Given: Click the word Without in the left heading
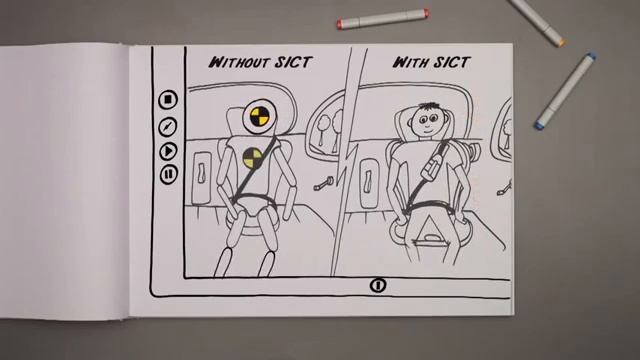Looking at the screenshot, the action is pos(239,62).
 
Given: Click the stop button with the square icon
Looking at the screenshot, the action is pos(168,100).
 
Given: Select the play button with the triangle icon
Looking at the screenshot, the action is pos(168,151).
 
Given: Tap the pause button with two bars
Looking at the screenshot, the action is pos(168,174).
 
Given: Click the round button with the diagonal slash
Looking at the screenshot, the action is pos(167,127).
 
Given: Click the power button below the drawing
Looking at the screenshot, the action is pos(378,285).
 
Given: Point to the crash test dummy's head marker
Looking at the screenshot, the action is pos(259,116).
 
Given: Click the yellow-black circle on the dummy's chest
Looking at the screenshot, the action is pos(253,158).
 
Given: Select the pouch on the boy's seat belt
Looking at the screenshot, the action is pos(434,164).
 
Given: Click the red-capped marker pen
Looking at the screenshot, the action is pos(383,18).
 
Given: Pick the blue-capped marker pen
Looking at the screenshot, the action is pos(565,91).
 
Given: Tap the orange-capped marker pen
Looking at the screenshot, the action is pos(538,22).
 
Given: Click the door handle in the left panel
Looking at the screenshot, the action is pos(201,173).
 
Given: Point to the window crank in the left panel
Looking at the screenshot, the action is pos(324,183).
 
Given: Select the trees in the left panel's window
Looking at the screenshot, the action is pos(330,128).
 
